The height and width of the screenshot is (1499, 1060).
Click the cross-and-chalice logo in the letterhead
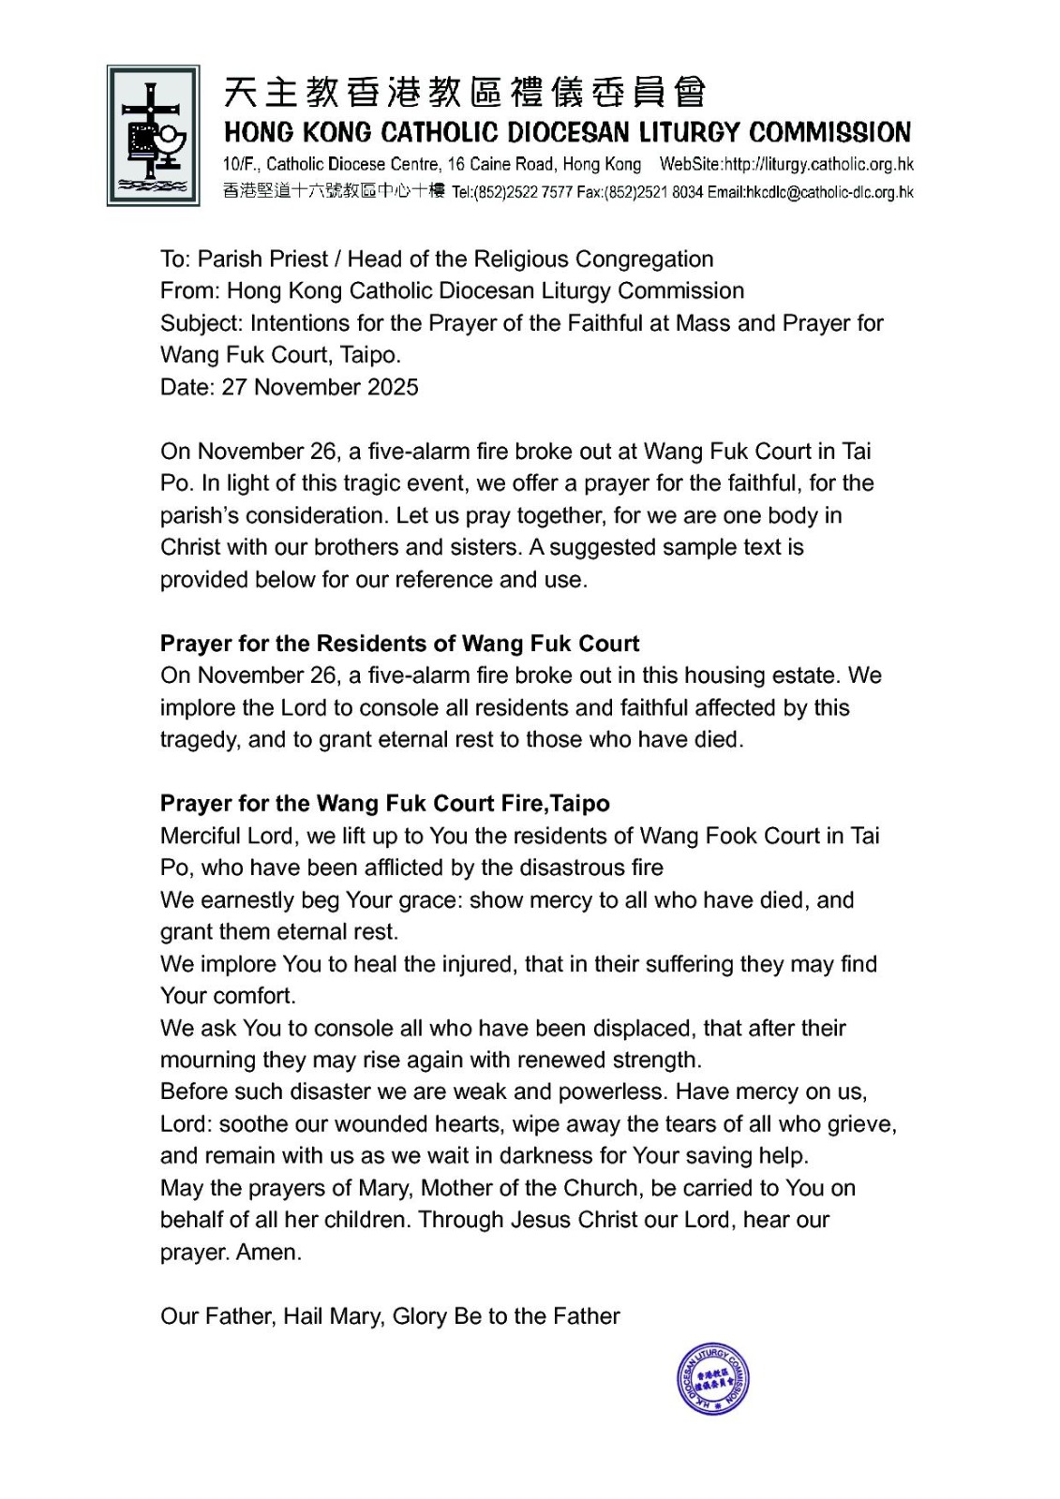pyautogui.click(x=153, y=135)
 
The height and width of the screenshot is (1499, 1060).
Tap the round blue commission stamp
pyautogui.click(x=713, y=1378)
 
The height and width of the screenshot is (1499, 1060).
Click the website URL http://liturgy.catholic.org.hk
pyautogui.click(x=818, y=164)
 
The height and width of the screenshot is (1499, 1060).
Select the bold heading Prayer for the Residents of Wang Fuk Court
pyautogui.click(x=399, y=644)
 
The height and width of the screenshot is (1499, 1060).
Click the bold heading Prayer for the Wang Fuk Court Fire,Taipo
pyautogui.click(x=384, y=804)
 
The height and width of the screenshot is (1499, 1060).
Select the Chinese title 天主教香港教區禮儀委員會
pyautogui.click(x=465, y=93)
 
